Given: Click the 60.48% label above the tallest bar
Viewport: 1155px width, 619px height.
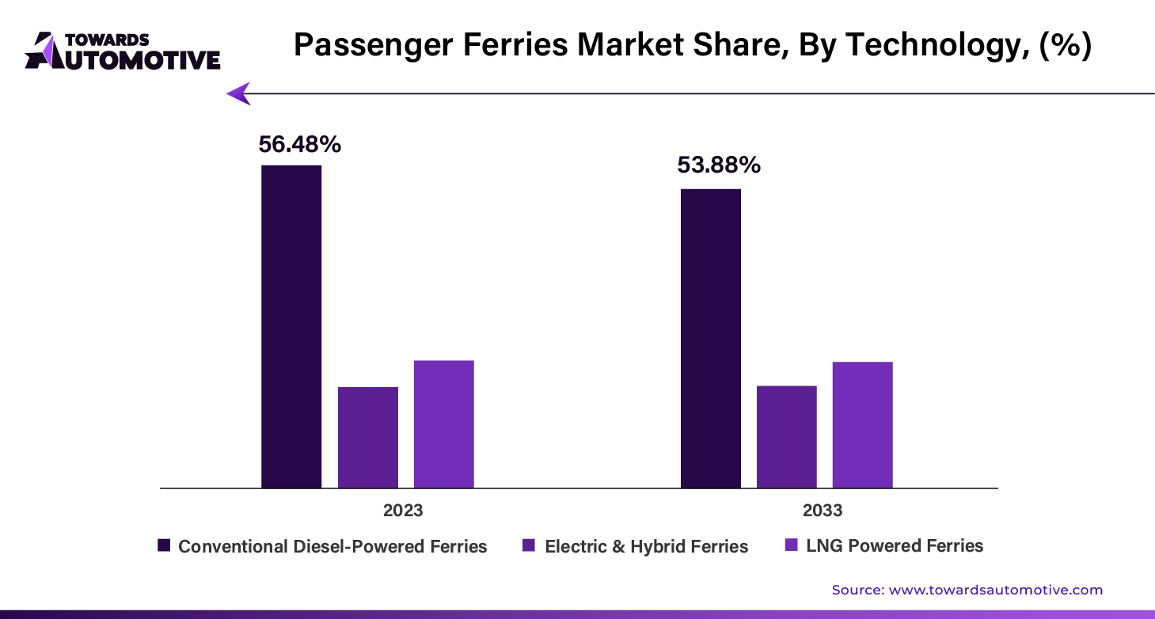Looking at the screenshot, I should (298, 145).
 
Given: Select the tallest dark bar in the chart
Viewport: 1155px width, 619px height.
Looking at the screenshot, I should (291, 326).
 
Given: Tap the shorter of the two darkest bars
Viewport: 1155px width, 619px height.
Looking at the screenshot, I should (709, 336).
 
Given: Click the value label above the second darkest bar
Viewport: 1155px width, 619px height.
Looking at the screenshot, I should (719, 165).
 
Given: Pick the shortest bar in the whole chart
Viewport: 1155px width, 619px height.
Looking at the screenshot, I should (367, 437).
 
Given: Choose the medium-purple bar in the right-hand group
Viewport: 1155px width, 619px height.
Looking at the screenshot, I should (785, 434).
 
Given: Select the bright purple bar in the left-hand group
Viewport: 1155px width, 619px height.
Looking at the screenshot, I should (443, 422).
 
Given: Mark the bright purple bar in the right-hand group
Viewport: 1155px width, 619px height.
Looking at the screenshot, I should (861, 424).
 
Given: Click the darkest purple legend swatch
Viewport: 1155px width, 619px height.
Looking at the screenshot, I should (162, 547).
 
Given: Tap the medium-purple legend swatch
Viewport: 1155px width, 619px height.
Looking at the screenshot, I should (529, 547).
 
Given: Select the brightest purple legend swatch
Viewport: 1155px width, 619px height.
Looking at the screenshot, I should (788, 546).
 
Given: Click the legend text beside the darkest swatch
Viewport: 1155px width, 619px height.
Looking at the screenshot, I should (332, 548).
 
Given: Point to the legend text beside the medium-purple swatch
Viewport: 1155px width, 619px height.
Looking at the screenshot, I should (648, 548).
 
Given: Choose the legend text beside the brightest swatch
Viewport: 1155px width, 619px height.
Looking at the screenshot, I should (895, 548).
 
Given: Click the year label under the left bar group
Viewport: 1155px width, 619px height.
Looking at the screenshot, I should (402, 511).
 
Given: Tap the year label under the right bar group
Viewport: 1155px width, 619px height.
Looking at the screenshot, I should (820, 511).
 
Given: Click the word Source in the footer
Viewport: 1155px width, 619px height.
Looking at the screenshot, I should (856, 590).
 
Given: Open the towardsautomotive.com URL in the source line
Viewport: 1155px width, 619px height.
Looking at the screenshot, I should (996, 590).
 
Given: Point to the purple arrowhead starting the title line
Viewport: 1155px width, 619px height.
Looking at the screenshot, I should (238, 93).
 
